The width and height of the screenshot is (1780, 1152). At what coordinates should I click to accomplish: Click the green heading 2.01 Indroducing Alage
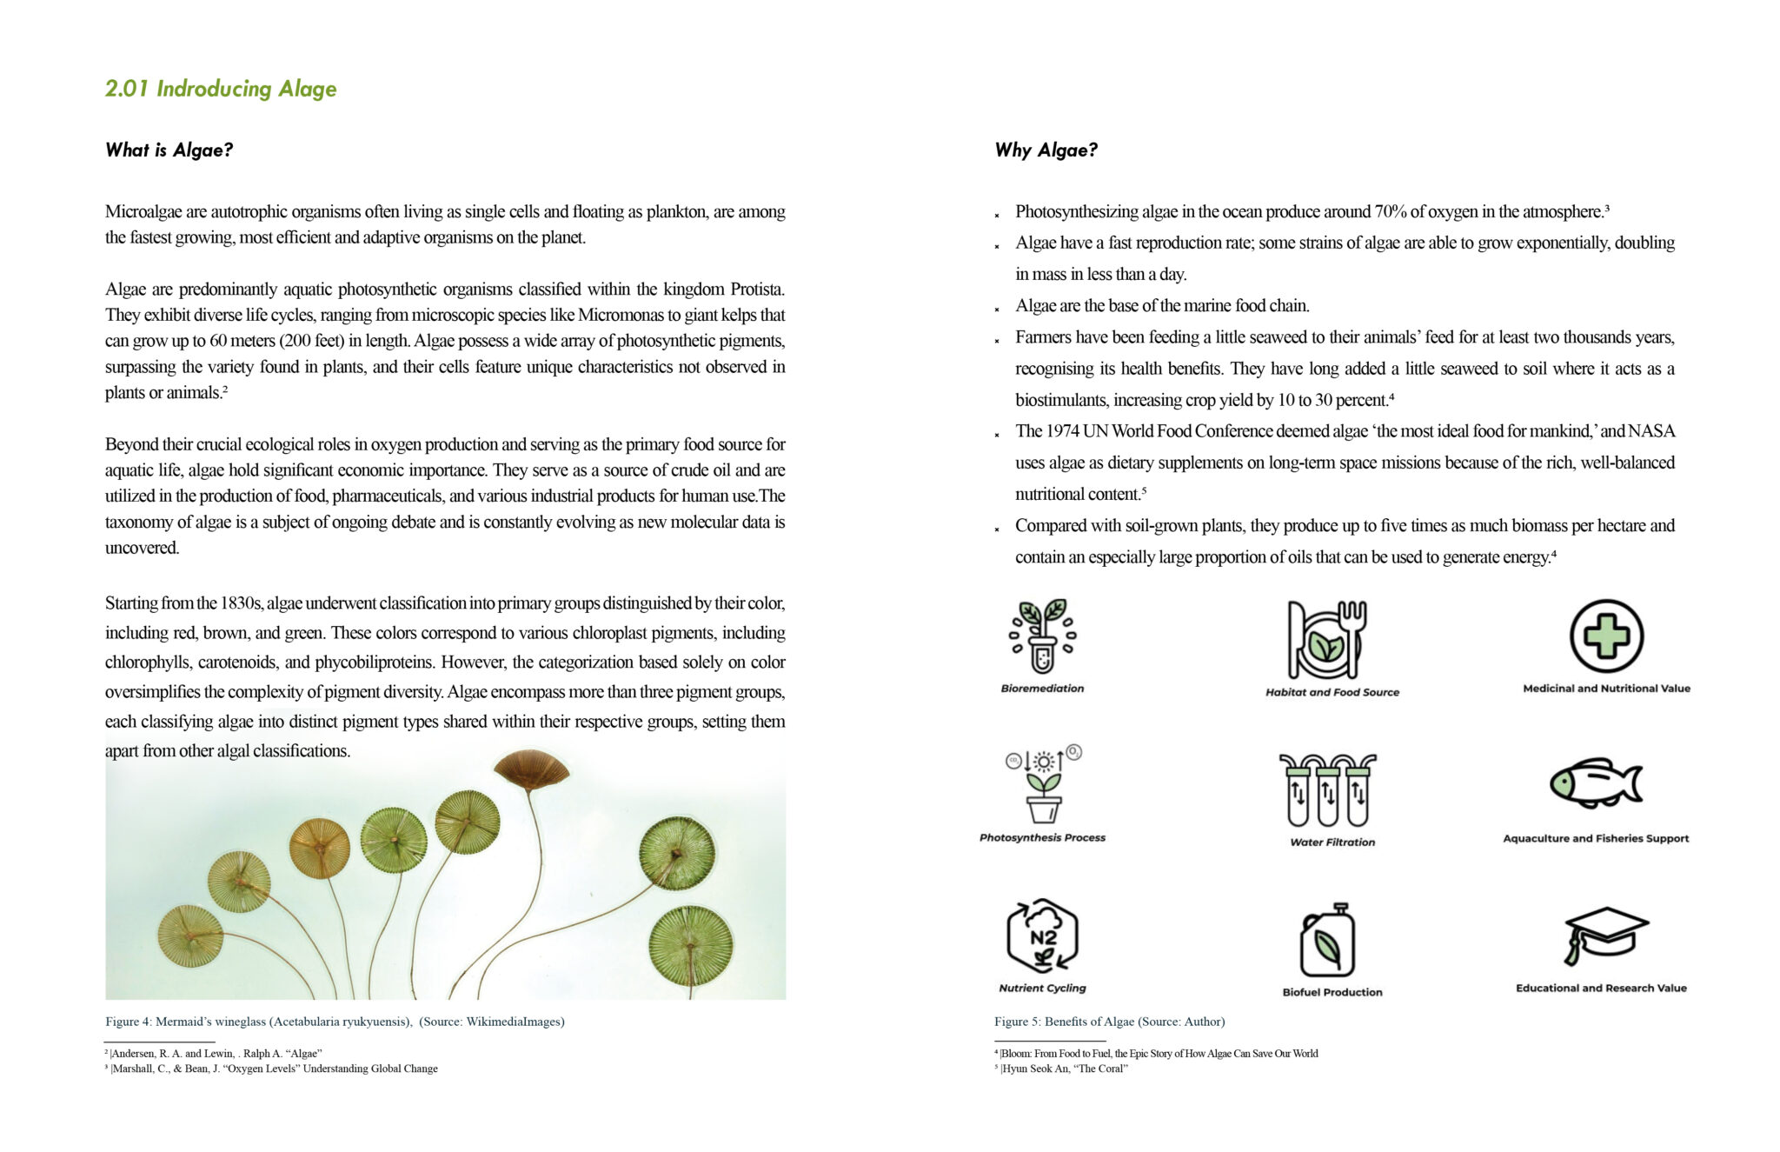(x=221, y=89)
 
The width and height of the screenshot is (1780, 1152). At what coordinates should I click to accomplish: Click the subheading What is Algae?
(x=169, y=150)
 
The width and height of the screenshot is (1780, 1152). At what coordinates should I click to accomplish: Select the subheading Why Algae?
(x=1046, y=150)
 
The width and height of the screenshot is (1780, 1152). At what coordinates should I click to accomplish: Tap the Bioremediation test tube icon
(x=1042, y=636)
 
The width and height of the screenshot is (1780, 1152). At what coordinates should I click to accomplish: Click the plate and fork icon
(x=1327, y=640)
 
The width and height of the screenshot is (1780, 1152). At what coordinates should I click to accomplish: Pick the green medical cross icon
(x=1605, y=636)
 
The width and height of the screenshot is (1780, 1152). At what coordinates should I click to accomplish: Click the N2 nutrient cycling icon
(x=1042, y=936)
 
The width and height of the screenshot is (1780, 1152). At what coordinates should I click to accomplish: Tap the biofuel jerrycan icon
(x=1327, y=942)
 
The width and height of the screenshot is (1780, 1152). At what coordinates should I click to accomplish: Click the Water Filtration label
(x=1332, y=842)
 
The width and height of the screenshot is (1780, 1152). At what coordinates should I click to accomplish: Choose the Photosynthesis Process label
(x=1042, y=837)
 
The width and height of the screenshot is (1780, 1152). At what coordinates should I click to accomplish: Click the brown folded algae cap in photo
(x=531, y=769)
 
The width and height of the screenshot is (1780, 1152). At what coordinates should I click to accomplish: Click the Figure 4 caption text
(x=335, y=1022)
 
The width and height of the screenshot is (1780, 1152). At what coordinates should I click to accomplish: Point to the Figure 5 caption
(x=1109, y=1022)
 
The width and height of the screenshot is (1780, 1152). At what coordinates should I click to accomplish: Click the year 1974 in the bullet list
(x=1062, y=431)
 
